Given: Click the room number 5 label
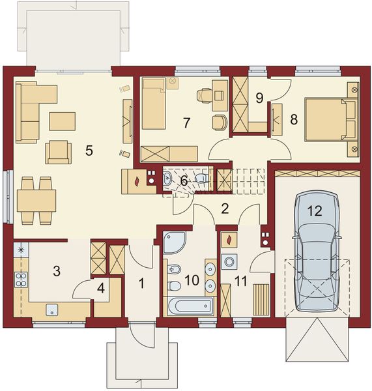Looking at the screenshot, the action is pyautogui.click(x=89, y=151).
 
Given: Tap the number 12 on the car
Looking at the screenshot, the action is pyautogui.click(x=315, y=211).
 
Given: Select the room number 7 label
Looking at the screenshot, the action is pyautogui.click(x=186, y=123).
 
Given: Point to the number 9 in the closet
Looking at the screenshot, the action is pyautogui.click(x=259, y=98).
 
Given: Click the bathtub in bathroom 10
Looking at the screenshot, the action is pyautogui.click(x=190, y=306).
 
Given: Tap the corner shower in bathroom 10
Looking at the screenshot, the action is pyautogui.click(x=174, y=242).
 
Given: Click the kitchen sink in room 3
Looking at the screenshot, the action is pyautogui.click(x=52, y=310).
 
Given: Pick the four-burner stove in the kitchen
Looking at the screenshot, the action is pyautogui.click(x=21, y=280).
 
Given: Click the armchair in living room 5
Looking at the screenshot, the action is pyautogui.click(x=59, y=152).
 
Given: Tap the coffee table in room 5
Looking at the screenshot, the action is pyautogui.click(x=62, y=121).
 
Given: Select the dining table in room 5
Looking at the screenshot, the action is pyautogui.click(x=36, y=201).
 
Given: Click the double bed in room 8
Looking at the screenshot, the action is pyautogui.click(x=325, y=120).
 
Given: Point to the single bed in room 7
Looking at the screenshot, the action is pyautogui.click(x=154, y=104).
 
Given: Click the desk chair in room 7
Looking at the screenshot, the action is pyautogui.click(x=204, y=95).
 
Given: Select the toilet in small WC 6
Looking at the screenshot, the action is pyautogui.click(x=201, y=178).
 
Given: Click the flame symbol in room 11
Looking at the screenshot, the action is pyautogui.click(x=229, y=240).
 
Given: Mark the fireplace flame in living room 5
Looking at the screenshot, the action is pyautogui.click(x=137, y=181).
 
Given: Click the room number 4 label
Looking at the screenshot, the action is pyautogui.click(x=101, y=288).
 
